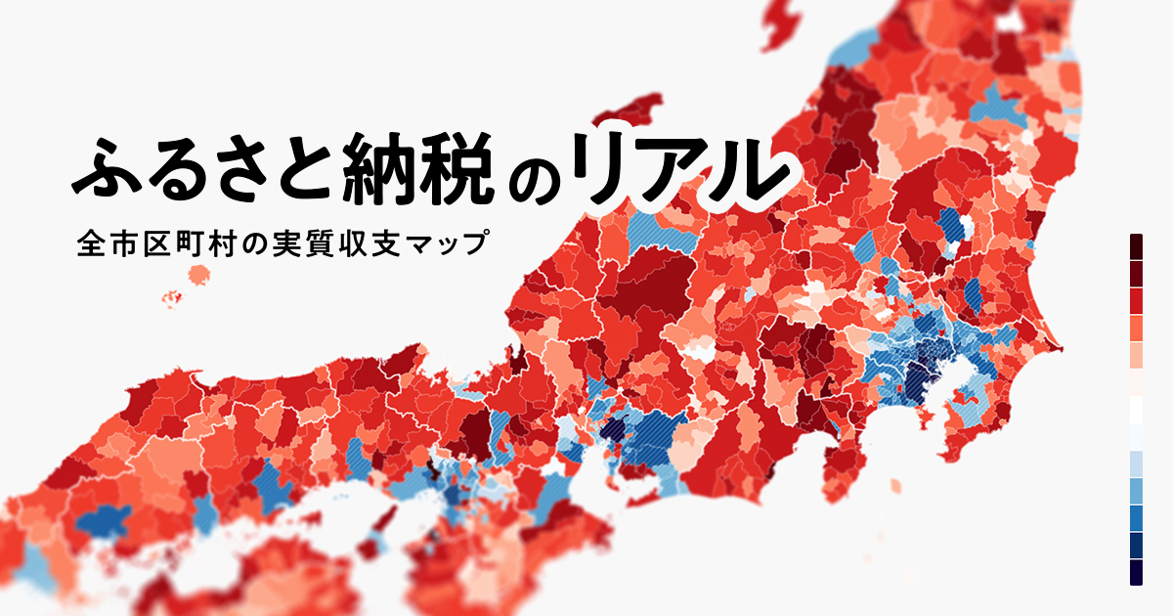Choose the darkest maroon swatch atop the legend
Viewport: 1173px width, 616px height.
click(x=1137, y=245)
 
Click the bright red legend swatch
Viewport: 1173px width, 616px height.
click(x=1137, y=300)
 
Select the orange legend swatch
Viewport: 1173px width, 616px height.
click(x=1137, y=327)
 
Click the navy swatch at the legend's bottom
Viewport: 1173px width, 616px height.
click(x=1137, y=572)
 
